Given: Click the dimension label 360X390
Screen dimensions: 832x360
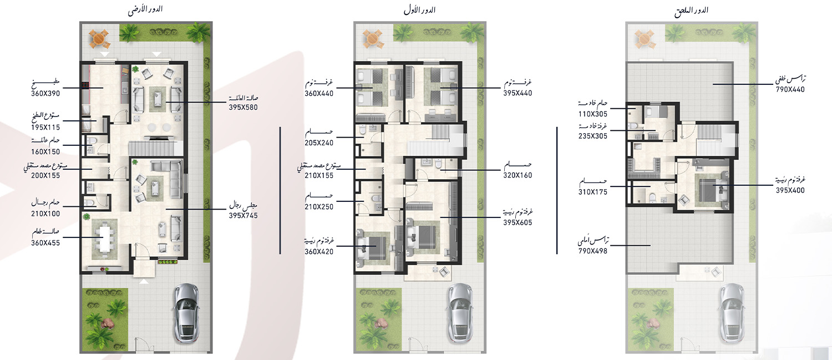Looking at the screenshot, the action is coord(45,94).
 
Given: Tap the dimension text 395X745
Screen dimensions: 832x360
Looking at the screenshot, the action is coord(243,215).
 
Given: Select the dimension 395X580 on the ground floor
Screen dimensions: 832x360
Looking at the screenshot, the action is coord(243,108).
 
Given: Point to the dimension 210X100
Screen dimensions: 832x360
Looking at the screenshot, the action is coord(45,214).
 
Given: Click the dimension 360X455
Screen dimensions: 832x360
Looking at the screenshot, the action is coord(45,243).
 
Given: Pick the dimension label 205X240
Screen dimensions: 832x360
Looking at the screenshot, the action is coord(319,143).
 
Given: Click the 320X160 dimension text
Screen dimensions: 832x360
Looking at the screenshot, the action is coord(518,175).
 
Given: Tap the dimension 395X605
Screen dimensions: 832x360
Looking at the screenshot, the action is coord(518,223).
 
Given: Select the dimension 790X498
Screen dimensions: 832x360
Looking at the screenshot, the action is coord(593,251).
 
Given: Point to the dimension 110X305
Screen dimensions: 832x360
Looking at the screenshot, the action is coord(593,114).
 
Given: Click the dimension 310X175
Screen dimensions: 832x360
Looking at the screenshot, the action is coord(593,192).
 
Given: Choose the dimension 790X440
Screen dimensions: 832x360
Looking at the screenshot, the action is coord(790,89).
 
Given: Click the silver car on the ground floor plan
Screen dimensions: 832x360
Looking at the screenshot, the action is coord(186,313).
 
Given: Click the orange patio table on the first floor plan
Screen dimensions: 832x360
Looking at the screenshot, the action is coord(372,39).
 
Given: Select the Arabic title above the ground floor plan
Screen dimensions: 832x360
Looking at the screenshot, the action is coord(145,10).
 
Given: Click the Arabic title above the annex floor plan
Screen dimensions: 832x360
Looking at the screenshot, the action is coord(691,11).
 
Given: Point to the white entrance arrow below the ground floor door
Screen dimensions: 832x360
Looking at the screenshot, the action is coord(144,282).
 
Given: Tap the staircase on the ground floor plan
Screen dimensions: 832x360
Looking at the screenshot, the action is coord(151,148).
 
